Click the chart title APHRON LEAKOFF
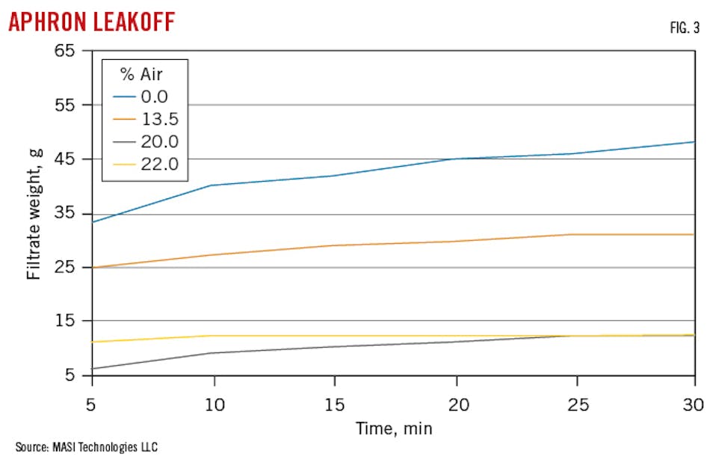tap(91, 22)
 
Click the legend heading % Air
tap(144, 73)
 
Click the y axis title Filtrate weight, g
tap(34, 213)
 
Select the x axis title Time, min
tap(395, 429)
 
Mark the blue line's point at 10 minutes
tap(212, 186)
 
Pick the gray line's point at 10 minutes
tap(212, 353)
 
